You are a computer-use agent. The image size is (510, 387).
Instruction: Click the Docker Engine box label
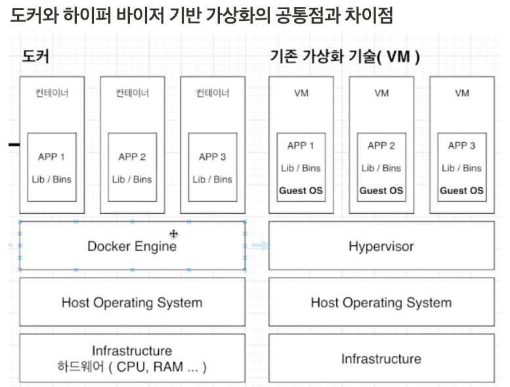click(x=132, y=247)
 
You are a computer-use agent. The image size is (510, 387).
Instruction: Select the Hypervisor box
click(x=381, y=247)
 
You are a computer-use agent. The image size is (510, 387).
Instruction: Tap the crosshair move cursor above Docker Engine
click(x=173, y=234)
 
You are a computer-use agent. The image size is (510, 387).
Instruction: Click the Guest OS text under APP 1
click(x=301, y=191)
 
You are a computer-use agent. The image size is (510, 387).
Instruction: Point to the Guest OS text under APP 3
click(x=461, y=191)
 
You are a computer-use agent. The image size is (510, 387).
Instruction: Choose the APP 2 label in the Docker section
click(x=132, y=157)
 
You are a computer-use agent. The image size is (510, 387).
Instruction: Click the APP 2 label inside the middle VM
click(x=381, y=146)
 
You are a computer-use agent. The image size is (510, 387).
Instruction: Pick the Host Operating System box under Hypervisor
click(x=381, y=302)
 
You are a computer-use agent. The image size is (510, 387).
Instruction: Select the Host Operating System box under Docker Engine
click(x=132, y=302)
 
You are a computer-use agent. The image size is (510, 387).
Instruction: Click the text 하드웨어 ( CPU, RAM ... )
click(x=132, y=367)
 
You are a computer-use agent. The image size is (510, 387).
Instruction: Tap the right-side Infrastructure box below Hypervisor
click(x=381, y=359)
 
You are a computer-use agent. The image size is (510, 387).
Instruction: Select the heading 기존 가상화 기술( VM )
click(x=345, y=56)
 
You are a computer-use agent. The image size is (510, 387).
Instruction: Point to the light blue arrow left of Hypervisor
click(x=260, y=245)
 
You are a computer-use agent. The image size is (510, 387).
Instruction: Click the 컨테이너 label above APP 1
click(x=52, y=93)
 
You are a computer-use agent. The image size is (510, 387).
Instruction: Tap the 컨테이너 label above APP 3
click(x=213, y=93)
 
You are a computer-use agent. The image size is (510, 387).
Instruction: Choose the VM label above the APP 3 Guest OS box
click(x=461, y=93)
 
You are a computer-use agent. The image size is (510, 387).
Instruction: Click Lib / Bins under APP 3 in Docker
click(x=213, y=179)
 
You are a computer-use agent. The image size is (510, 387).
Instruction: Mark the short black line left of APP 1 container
click(x=13, y=144)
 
